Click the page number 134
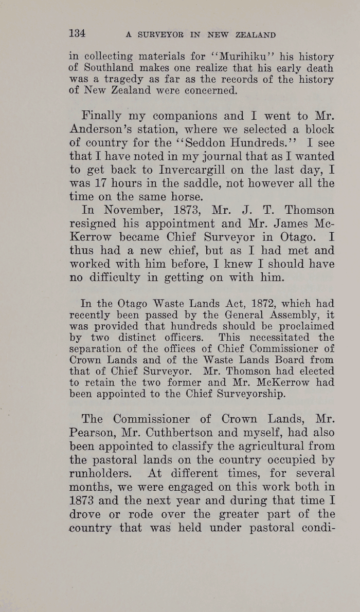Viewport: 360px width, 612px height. coord(77,34)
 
